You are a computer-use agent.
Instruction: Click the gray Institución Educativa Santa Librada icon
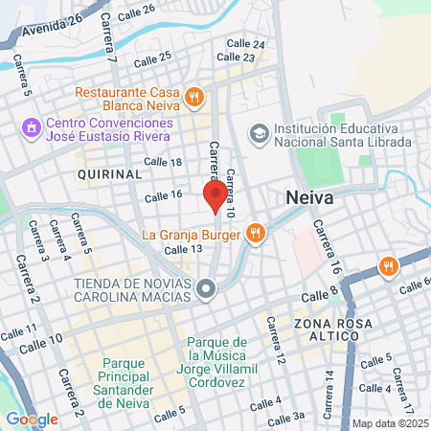coord(259,132)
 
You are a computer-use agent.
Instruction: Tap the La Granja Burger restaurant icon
coord(254,233)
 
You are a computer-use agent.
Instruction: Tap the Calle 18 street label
coord(163,162)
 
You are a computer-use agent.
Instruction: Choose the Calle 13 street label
coord(183,249)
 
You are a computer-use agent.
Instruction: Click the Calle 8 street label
coord(323,294)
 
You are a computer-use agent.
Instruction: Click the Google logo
coord(32,419)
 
